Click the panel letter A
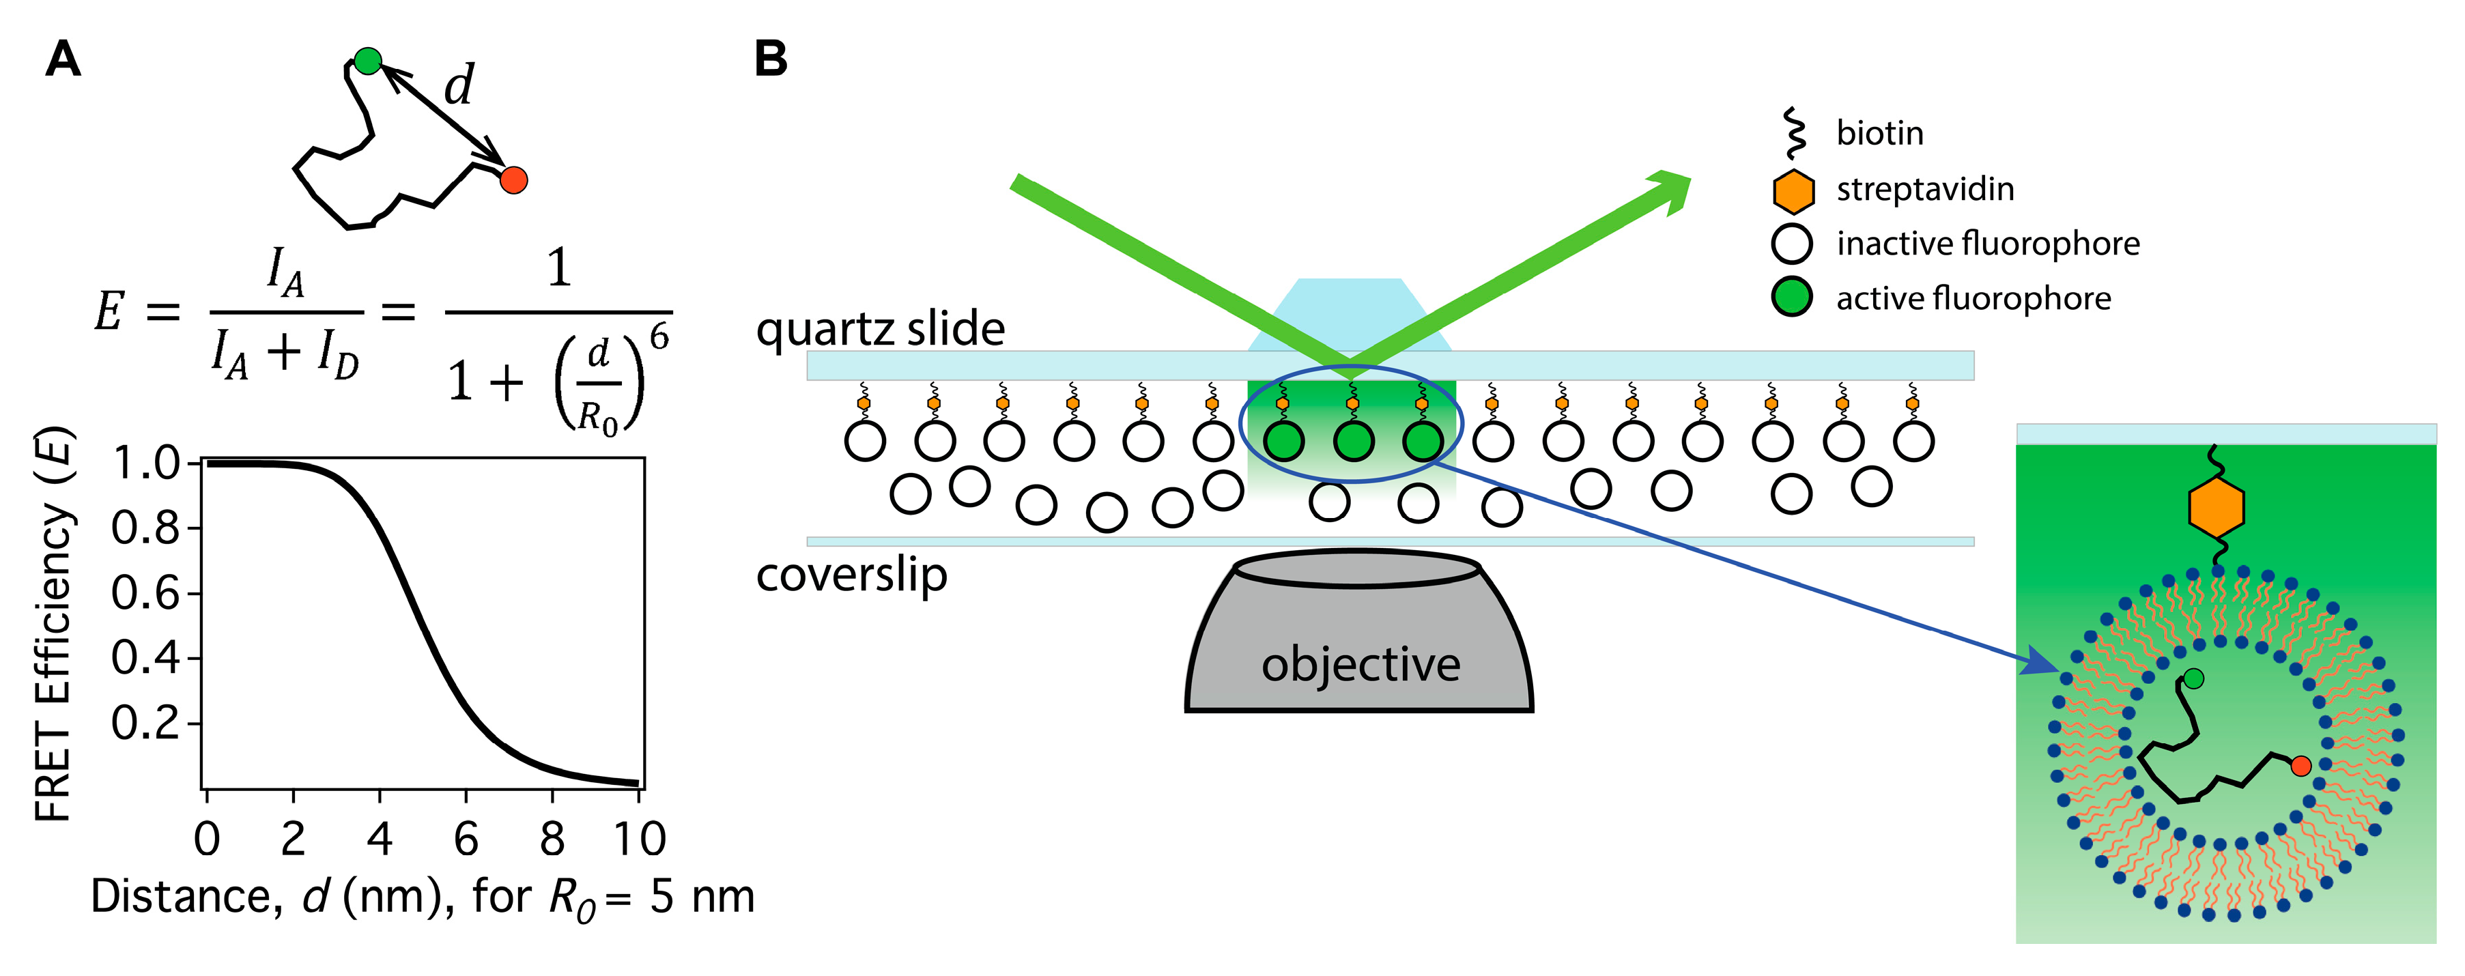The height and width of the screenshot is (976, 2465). pos(63,59)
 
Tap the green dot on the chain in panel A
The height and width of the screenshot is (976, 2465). pos(367,61)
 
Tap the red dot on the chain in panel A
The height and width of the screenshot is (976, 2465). pos(514,179)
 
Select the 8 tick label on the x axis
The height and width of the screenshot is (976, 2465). pos(552,839)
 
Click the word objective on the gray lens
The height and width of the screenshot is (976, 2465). pos(1360,664)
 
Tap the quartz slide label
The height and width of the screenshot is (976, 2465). pos(881,329)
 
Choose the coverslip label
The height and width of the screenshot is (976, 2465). pos(852,575)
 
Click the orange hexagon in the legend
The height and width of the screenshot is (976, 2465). pos(1793,190)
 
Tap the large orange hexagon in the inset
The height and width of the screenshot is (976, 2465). pos(2217,506)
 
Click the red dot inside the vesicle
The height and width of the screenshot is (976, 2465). pos(2301,766)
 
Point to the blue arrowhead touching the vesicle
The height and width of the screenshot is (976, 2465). pos(2044,663)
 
